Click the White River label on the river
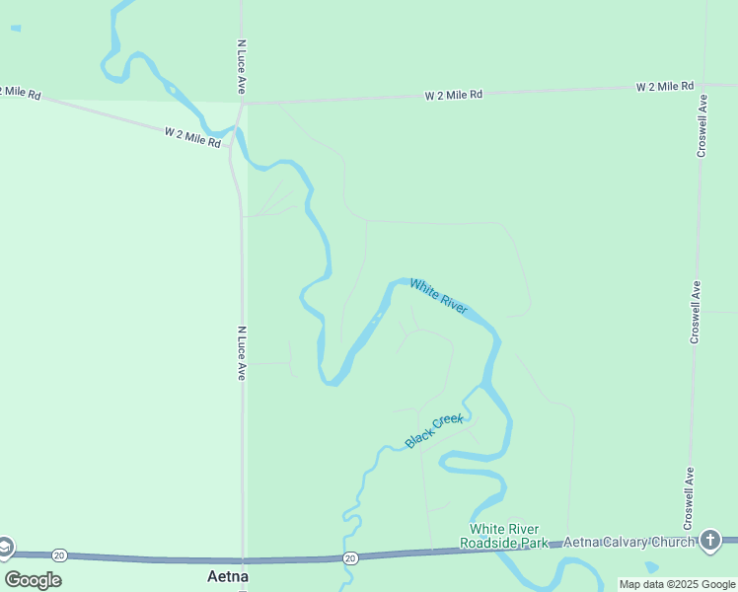point(439,297)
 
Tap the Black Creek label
point(434,431)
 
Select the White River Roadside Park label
point(508,536)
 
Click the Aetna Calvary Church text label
point(627,542)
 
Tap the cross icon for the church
point(710,540)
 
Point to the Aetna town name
point(228,575)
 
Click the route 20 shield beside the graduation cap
point(59,555)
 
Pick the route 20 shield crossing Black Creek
point(350,558)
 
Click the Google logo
point(33,579)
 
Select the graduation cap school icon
point(5,548)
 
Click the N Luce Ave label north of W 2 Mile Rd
point(241,68)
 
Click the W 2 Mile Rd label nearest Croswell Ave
point(665,87)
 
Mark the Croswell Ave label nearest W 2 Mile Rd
point(701,125)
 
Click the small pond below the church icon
point(650,567)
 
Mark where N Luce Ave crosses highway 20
point(244,559)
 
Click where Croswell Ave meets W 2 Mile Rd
point(704,86)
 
